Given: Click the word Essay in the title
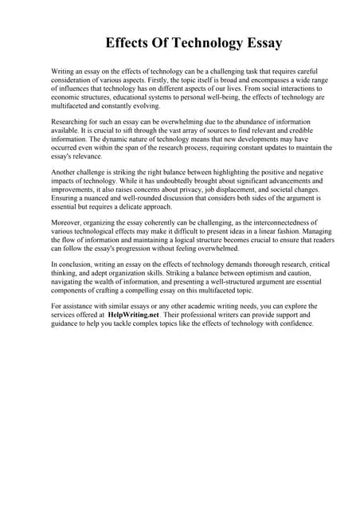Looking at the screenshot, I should [253, 42].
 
